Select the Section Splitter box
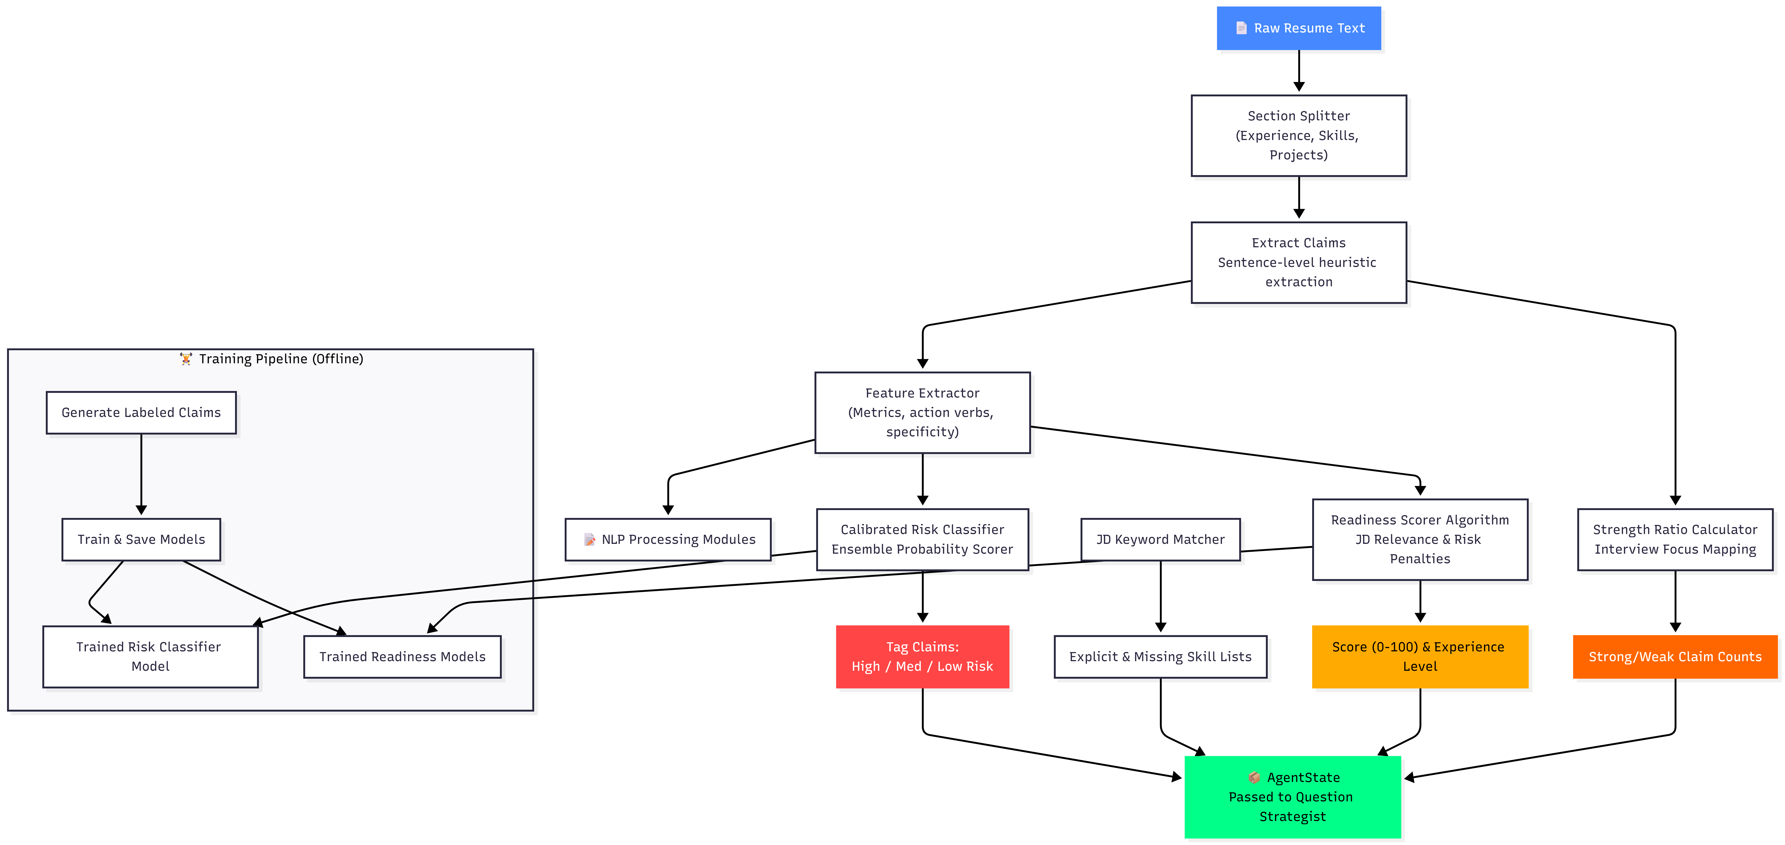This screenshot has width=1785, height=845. pos(1299,135)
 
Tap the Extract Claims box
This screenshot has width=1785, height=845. pos(1299,262)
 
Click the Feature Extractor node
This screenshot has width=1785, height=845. pos(922,412)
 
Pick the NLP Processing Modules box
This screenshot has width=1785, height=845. pos(668,539)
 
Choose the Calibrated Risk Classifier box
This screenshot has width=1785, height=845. pos(922,539)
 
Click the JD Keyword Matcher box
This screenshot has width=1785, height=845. pos(1161,539)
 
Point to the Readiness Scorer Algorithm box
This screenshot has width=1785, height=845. pos(1420,539)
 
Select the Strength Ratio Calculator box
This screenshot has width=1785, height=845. pos(1675,539)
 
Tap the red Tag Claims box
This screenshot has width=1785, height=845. pos(922,656)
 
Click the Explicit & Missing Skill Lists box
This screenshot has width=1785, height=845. pos(1161,656)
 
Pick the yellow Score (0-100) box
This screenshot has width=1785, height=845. pos(1420,656)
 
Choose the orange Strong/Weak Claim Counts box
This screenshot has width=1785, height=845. pos(1675,656)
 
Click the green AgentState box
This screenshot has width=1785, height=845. pos(1292,797)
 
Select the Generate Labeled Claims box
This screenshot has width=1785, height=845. pos(141,412)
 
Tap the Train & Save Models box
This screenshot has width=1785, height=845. pos(141,539)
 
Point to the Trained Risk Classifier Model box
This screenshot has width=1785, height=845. pos(150,656)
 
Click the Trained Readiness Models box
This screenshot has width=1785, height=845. pos(402,656)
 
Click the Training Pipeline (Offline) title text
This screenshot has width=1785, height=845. pos(281,358)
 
